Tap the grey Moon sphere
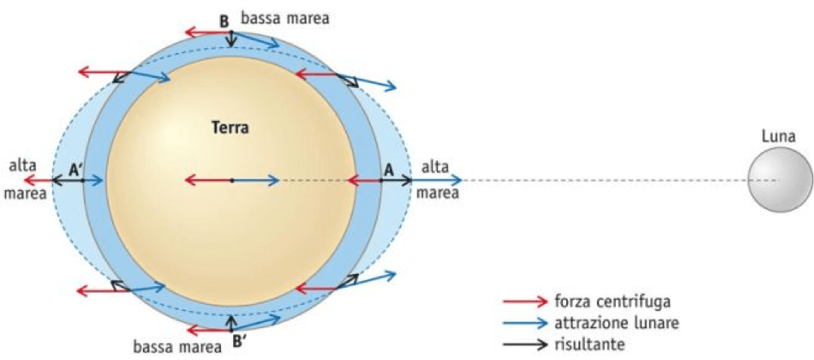tap(779, 180)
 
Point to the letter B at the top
tap(224, 21)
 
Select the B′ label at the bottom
tap(240, 341)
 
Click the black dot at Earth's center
tap(232, 180)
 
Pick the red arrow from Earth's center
tap(207, 180)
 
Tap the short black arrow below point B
tap(232, 40)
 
